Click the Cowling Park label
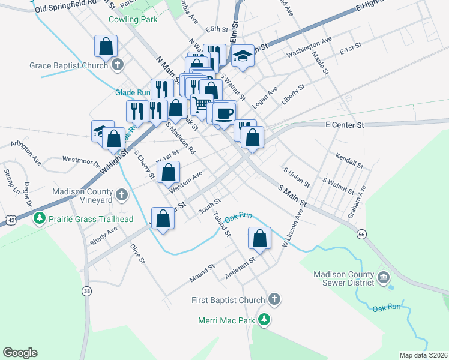(x=133, y=19)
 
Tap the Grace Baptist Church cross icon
(x=118, y=64)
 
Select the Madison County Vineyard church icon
(x=122, y=194)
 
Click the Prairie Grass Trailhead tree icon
(x=40, y=218)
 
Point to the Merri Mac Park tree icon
(x=265, y=320)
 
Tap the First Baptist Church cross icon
(x=274, y=299)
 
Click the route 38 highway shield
(x=88, y=291)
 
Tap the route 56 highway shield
(x=361, y=233)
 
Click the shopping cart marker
(x=202, y=104)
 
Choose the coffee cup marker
(x=224, y=113)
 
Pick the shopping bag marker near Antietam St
(x=259, y=238)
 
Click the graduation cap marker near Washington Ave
(x=243, y=56)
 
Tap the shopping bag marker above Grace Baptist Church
(x=106, y=46)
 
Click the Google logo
(x=20, y=353)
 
